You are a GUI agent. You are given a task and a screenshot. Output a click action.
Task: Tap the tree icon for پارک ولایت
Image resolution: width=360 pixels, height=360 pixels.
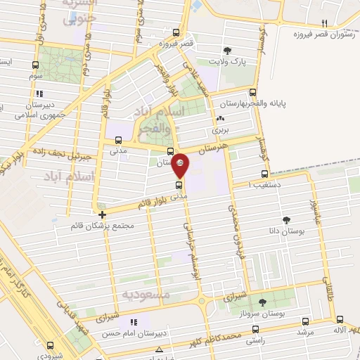[228, 50]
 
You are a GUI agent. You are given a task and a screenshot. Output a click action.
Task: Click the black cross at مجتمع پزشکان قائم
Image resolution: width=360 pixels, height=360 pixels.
[103, 214]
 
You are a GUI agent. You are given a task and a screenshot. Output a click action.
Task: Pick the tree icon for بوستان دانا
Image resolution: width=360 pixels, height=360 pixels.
[285, 221]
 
